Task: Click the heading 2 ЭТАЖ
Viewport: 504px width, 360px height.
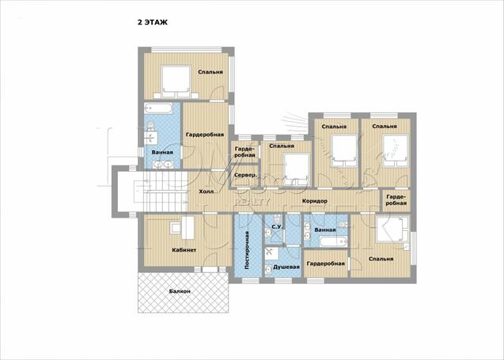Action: pyautogui.click(x=153, y=22)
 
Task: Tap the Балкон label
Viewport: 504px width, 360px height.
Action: pyautogui.click(x=180, y=291)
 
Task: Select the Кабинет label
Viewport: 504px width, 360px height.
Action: pyautogui.click(x=184, y=250)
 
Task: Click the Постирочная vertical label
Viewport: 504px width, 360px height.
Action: pyautogui.click(x=247, y=250)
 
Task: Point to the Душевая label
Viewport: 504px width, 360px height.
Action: pyautogui.click(x=286, y=267)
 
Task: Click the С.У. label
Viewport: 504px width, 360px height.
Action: pyautogui.click(x=277, y=227)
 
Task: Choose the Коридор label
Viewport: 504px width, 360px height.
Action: pyautogui.click(x=315, y=201)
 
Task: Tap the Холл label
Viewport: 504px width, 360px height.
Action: pyautogui.click(x=206, y=191)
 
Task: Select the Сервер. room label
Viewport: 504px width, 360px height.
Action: pyautogui.click(x=246, y=175)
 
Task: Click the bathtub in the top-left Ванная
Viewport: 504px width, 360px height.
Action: pyautogui.click(x=157, y=108)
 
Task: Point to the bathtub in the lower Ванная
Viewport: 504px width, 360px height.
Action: pyautogui.click(x=334, y=241)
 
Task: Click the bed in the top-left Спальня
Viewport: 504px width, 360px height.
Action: pyautogui.click(x=176, y=82)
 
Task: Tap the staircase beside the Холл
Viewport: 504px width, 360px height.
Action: pyautogui.click(x=161, y=191)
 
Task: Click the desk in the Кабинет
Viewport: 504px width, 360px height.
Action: pyautogui.click(x=183, y=228)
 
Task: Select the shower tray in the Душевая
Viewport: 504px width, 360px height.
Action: pyautogui.click(x=273, y=254)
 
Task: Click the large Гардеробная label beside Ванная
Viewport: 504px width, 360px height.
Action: pyautogui.click(x=205, y=135)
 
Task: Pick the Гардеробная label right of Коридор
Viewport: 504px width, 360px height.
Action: pyautogui.click(x=396, y=200)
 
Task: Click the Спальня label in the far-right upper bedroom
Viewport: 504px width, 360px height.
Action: pyautogui.click(x=385, y=127)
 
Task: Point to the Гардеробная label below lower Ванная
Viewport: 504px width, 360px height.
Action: pyautogui.click(x=326, y=263)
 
